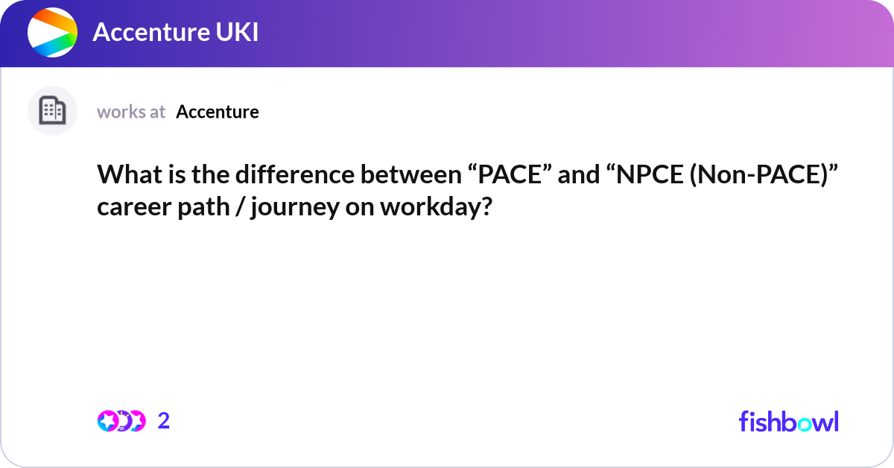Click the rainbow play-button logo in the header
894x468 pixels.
(52, 33)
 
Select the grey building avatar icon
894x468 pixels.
(52, 111)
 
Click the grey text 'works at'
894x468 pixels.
(131, 112)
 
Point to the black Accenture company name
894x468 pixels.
(218, 112)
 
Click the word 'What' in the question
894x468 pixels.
(125, 176)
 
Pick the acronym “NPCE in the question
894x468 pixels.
(633, 176)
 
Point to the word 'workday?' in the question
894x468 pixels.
(437, 206)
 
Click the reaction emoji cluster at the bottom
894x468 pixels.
(121, 421)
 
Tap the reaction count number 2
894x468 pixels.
(164, 421)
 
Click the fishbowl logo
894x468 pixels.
(788, 421)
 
